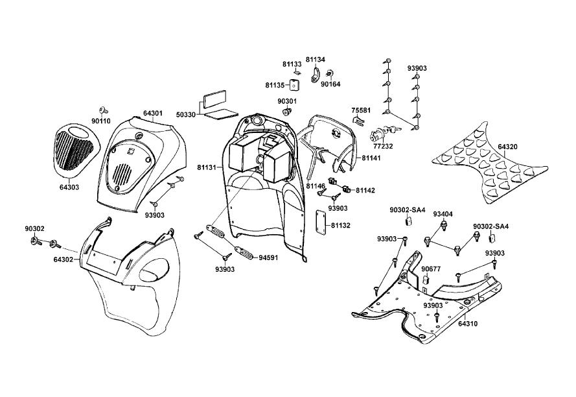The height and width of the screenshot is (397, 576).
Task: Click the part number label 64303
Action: click(69, 187)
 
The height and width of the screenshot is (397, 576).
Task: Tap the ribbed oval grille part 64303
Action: click(73, 147)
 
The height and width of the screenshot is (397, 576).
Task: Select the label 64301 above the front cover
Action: click(153, 114)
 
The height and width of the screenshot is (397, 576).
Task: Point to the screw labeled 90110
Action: click(102, 110)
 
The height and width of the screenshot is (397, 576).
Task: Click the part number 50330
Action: click(185, 114)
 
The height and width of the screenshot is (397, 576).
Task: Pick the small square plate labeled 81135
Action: click(294, 85)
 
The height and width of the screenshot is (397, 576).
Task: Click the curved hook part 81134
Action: click(315, 75)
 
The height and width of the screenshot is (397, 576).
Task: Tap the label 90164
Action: click(330, 84)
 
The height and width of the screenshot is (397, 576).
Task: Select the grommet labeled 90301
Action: click(286, 111)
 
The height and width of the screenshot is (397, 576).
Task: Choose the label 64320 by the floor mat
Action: click(508, 147)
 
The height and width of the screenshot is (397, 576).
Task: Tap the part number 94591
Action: click(268, 258)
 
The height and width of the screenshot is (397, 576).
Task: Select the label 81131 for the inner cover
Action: click(207, 167)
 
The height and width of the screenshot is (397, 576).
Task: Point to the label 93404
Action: click(443, 214)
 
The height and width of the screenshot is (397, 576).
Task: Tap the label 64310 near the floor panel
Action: click(468, 324)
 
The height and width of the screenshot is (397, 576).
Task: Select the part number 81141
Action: click(371, 158)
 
